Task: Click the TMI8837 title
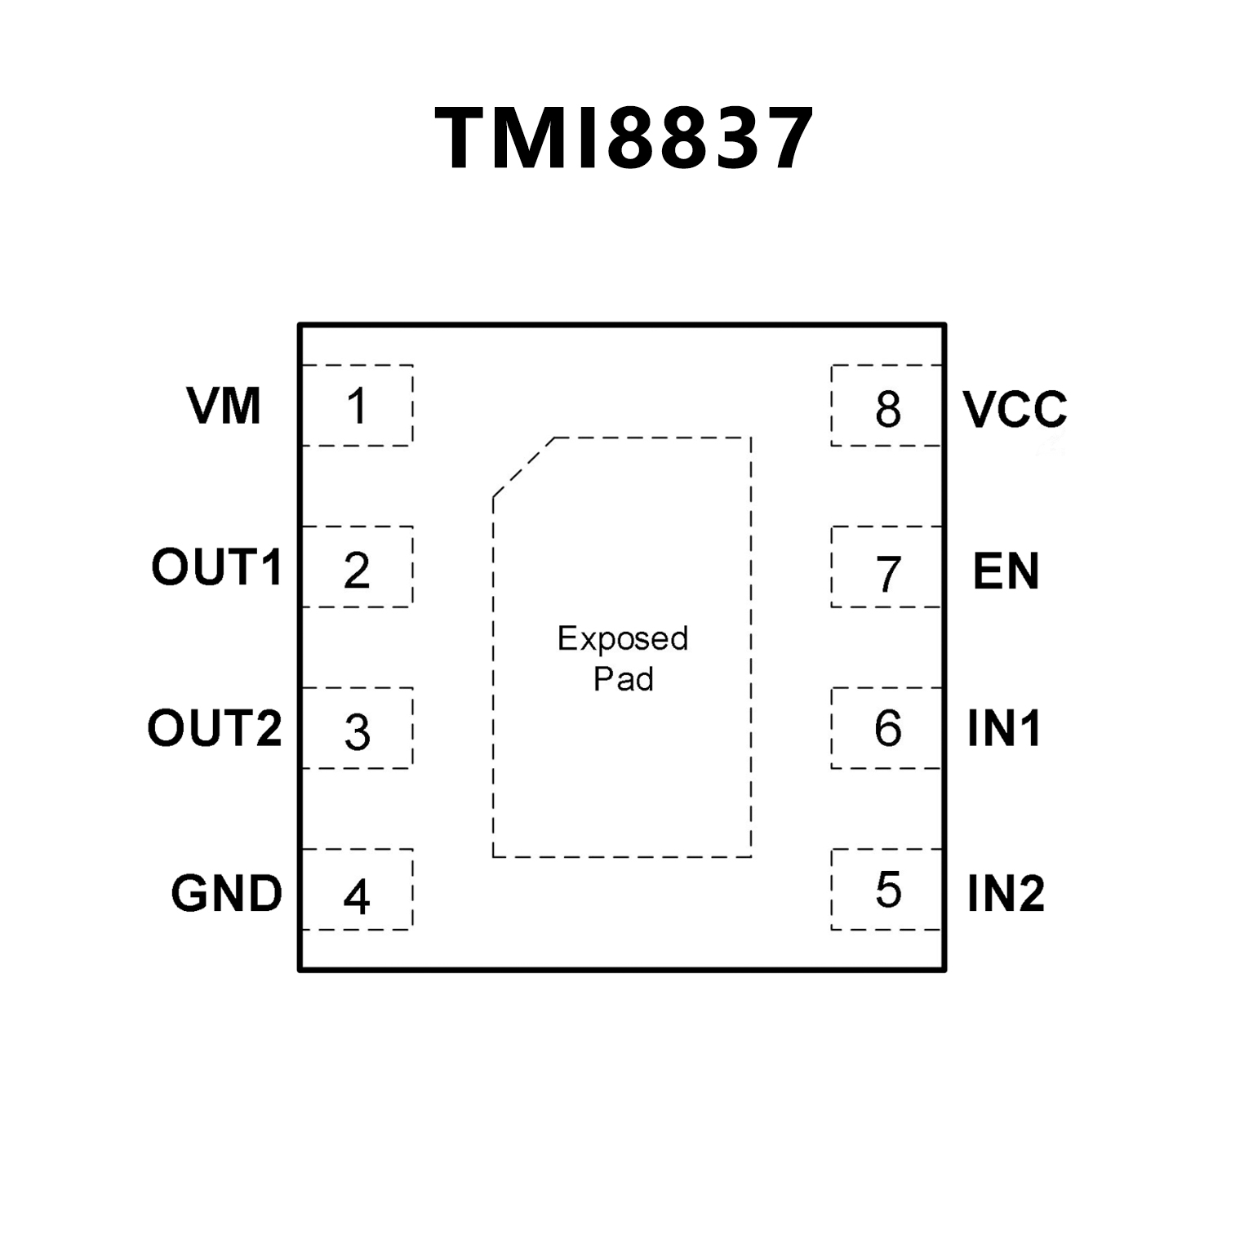(624, 139)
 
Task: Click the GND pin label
(226, 893)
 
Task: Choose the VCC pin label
(1015, 409)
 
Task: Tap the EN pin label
(1006, 571)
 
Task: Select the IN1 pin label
(1004, 728)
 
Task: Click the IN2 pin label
(1006, 893)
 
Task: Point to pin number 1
(357, 406)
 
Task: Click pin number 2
(357, 570)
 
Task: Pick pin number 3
(358, 732)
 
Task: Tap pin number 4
(357, 896)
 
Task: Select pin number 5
(888, 889)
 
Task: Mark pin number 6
(888, 727)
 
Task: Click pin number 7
(888, 573)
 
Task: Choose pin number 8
(888, 410)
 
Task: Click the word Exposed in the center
(623, 639)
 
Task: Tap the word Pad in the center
(623, 679)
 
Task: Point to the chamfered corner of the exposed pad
(523, 467)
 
